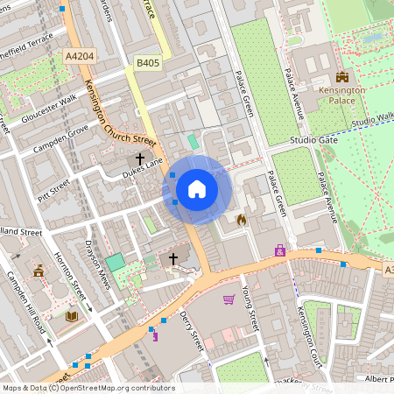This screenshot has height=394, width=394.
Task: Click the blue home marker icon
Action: click(x=197, y=189)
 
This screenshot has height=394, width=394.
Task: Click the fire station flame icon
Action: click(x=242, y=221)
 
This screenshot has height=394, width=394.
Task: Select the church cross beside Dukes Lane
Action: click(x=140, y=159)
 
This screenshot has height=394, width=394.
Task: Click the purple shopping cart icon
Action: click(x=229, y=299)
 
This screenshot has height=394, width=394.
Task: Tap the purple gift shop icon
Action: click(x=280, y=250)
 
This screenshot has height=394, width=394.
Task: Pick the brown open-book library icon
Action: click(x=73, y=315)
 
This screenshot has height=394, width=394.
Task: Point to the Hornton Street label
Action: click(x=76, y=276)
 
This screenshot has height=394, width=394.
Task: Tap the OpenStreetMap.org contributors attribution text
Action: click(x=112, y=388)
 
